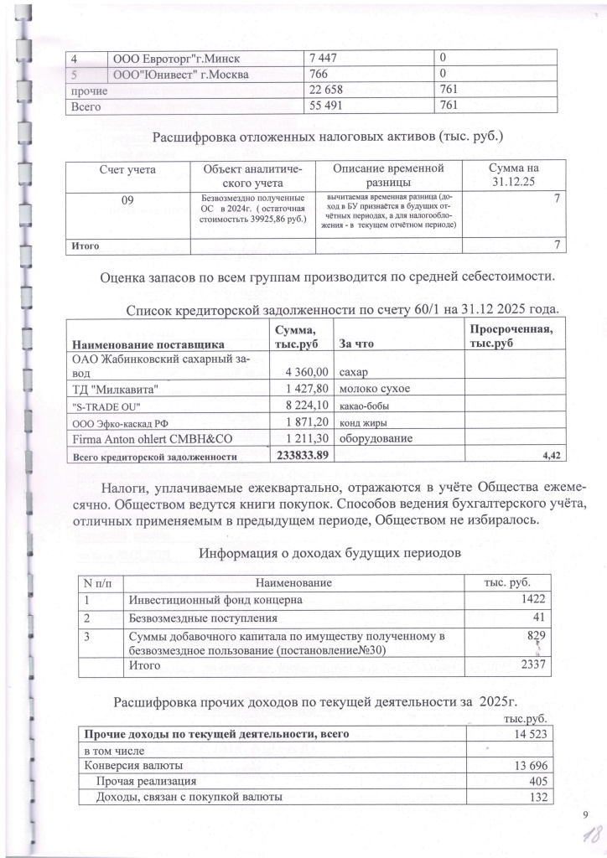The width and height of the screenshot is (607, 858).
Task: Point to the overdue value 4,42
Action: pyautogui.click(x=544, y=456)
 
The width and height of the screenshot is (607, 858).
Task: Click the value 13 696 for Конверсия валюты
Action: pyautogui.click(x=529, y=765)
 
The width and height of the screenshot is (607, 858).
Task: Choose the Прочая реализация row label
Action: pyautogui.click(x=137, y=781)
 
